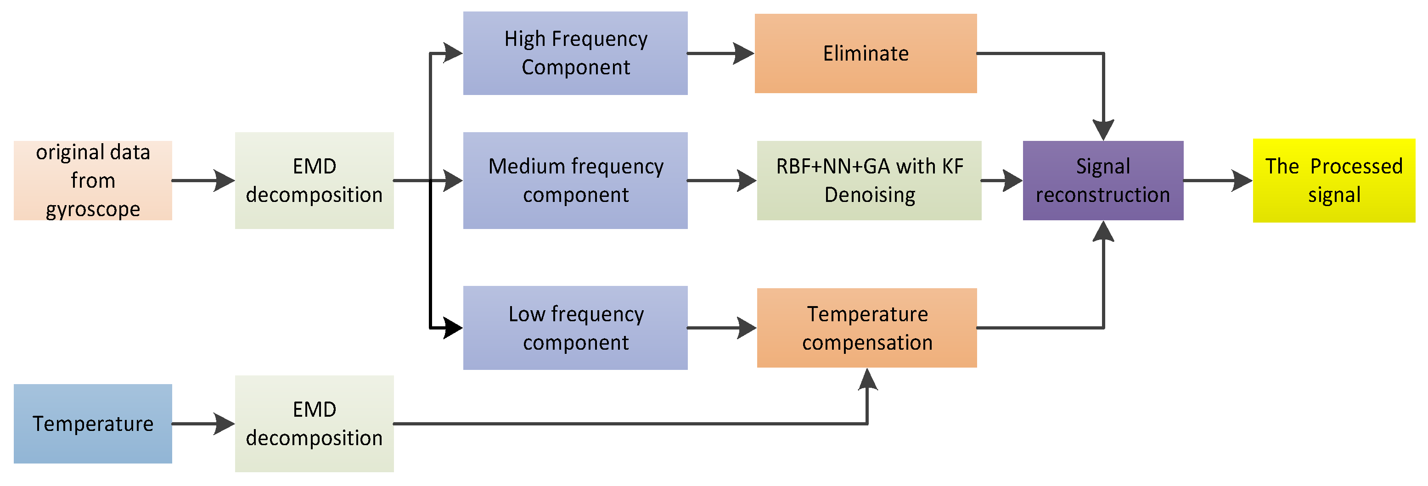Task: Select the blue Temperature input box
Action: click(x=93, y=424)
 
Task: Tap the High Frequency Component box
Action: click(x=575, y=53)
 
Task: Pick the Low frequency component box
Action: click(x=575, y=328)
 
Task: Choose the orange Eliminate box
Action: click(x=866, y=53)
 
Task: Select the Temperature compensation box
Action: click(x=866, y=328)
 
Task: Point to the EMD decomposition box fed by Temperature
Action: click(x=315, y=424)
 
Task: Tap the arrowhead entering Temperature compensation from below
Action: click(x=867, y=380)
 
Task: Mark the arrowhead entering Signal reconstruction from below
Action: click(x=1103, y=232)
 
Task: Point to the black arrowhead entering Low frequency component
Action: click(x=452, y=328)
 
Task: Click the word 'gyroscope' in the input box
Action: click(x=93, y=209)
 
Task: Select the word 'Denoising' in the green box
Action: click(x=869, y=195)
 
